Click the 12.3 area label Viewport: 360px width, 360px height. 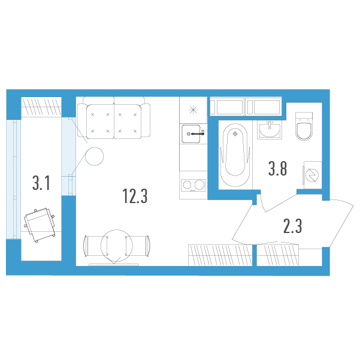tap(135, 196)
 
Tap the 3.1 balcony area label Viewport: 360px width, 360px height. tap(41, 183)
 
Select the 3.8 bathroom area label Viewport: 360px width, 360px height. tap(277, 168)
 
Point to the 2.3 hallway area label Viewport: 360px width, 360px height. tap(293, 226)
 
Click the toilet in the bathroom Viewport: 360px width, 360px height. tap(304, 126)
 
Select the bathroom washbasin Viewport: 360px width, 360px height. tap(270, 130)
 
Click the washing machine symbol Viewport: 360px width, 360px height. tap(313, 175)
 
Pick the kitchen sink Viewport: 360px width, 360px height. tap(192, 134)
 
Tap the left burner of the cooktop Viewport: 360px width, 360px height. tap(187, 185)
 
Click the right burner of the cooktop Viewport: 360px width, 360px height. tap(199, 185)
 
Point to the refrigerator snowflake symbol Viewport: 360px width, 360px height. tap(193, 110)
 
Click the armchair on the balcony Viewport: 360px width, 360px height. tap(40, 225)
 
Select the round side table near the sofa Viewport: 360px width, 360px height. tap(95, 156)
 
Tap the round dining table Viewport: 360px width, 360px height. tap(117, 246)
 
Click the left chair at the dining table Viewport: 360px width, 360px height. tap(96, 246)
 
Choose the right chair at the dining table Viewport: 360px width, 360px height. tap(138, 246)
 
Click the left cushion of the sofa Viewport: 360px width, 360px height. tap(100, 122)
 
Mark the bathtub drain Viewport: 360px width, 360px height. tap(235, 134)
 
